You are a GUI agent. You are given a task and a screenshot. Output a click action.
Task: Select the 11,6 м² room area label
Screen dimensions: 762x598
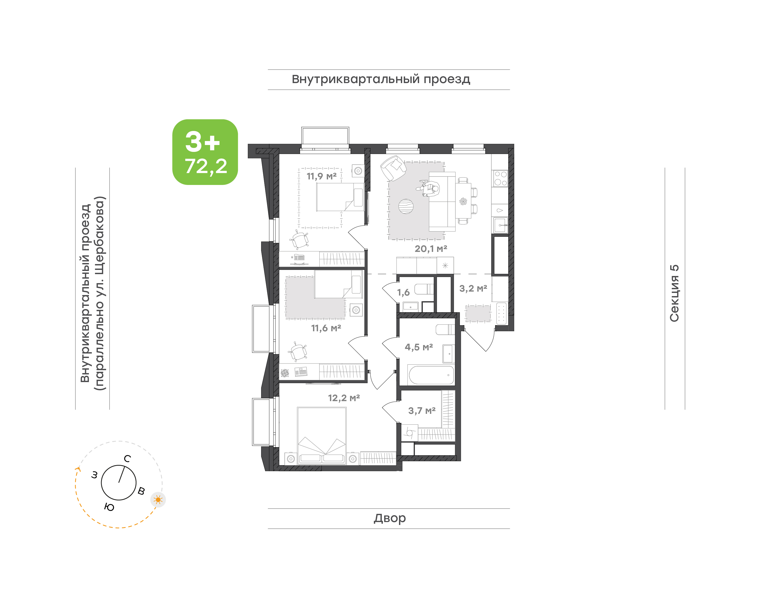coord(326,328)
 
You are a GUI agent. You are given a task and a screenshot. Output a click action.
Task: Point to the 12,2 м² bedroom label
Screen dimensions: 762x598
coord(344,398)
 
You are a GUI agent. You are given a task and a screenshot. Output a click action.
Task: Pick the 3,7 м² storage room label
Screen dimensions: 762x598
coord(422,411)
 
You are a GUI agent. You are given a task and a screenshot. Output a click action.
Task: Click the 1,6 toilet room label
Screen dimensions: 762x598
coord(403,292)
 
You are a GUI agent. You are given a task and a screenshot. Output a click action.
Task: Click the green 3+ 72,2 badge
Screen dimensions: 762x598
coord(205,152)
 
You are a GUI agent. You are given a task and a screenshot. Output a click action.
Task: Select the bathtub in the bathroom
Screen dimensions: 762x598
coord(431,375)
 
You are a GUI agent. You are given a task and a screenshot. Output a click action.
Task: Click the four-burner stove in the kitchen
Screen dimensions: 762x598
coord(500,178)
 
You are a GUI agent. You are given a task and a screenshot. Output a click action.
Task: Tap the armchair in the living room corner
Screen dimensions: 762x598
coord(393,168)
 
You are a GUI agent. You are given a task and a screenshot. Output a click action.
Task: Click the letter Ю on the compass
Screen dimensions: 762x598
coord(109,507)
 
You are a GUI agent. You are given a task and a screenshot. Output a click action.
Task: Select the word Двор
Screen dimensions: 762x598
coord(389,518)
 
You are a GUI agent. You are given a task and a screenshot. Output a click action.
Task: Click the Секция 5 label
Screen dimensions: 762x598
coord(674,293)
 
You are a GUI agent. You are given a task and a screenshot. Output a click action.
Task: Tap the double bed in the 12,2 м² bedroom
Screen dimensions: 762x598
coord(322,436)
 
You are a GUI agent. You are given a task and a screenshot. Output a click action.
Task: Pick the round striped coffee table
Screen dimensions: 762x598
coord(406,206)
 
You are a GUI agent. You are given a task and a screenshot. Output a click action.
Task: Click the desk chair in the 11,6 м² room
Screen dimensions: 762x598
coord(298,351)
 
